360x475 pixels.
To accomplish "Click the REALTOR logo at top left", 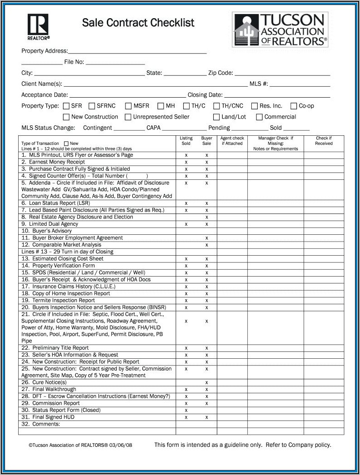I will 38,26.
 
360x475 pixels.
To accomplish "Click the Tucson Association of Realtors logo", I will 280,30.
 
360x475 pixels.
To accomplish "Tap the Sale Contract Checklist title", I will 138,23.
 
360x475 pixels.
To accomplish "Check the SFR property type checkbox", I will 66,106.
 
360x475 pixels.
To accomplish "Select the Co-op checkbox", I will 294,106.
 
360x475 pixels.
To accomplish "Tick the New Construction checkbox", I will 66,117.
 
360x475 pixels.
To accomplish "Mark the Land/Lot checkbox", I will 216,117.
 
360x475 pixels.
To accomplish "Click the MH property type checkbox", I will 160,106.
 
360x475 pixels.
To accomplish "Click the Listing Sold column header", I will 186,141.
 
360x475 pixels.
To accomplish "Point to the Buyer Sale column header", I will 206,141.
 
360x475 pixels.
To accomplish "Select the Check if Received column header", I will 324,141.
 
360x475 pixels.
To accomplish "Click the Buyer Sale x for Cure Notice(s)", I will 206,382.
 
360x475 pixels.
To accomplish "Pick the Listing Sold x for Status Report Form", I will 186,410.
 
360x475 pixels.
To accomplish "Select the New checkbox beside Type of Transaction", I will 66,143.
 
